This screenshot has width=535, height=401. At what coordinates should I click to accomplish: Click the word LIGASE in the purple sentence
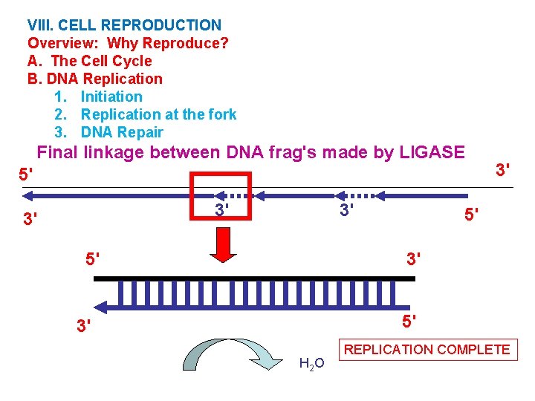coord(432,153)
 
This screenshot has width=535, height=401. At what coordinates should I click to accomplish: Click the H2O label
coord(311,363)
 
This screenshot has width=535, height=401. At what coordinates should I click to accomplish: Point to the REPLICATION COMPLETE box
coord(427,349)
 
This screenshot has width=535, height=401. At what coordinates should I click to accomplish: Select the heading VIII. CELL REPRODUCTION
coord(124,25)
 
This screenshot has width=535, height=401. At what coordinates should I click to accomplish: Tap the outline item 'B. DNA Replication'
coord(94,79)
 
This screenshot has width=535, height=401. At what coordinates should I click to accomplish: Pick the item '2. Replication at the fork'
coord(145,114)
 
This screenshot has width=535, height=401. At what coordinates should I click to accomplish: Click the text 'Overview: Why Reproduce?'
coord(128,43)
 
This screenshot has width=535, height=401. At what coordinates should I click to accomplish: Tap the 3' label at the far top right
coord(502,170)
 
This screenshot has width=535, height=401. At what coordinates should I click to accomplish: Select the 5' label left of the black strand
coord(93,260)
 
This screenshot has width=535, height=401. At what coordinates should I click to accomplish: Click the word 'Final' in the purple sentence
coord(58,153)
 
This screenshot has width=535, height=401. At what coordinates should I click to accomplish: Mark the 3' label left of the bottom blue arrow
coord(85,325)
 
